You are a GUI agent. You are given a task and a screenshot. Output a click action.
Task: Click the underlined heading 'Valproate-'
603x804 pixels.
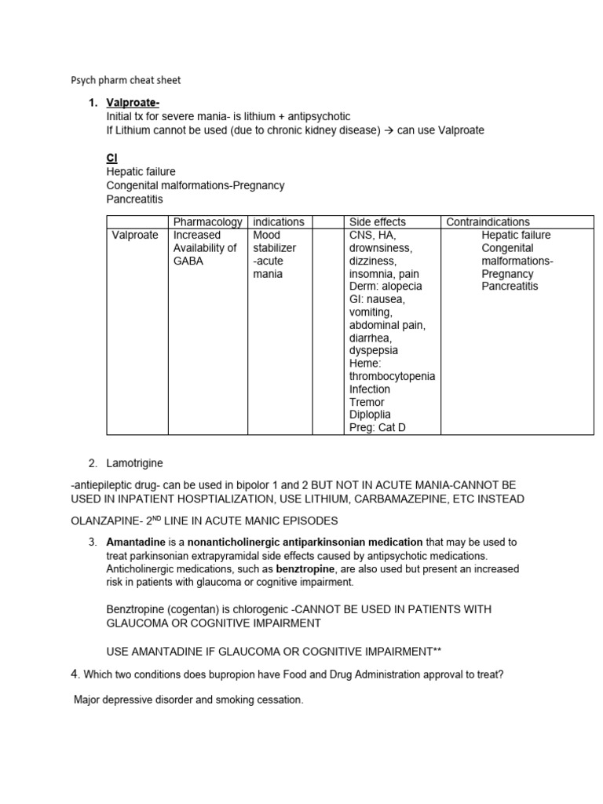[x=133, y=104]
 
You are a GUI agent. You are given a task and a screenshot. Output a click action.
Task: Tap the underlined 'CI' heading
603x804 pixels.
[x=111, y=158]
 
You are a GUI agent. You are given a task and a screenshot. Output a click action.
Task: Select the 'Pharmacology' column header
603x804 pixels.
[x=208, y=222]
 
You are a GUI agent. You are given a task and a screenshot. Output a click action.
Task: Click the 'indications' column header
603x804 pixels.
[x=278, y=222]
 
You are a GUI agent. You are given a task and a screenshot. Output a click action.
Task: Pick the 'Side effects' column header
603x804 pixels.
[x=378, y=222]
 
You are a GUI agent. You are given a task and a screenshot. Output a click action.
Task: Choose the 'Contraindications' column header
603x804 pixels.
[x=488, y=222]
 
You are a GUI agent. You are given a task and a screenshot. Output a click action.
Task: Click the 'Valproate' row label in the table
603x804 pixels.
[x=133, y=235]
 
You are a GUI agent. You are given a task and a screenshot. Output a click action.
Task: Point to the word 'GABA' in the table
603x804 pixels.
[x=188, y=261]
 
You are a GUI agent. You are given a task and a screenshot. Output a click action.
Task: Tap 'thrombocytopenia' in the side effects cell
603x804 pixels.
[x=392, y=376]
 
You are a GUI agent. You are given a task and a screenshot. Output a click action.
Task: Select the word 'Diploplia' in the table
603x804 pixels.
[x=370, y=415]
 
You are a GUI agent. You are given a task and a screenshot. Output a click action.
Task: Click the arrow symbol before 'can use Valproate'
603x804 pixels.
[x=389, y=130]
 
